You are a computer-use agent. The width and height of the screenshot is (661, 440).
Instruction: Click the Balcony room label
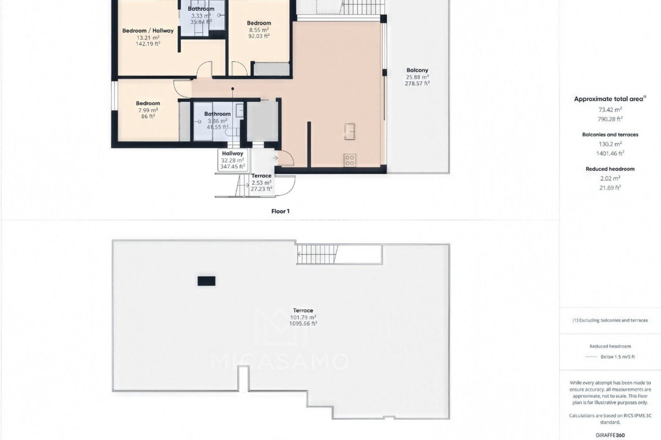click(417, 70)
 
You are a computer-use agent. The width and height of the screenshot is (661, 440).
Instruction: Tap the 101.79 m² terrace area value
click(303, 317)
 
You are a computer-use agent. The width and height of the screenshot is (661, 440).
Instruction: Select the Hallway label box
click(233, 160)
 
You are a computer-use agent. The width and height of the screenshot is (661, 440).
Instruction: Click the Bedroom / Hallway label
click(148, 31)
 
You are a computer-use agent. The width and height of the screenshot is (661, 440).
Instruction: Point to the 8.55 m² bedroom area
click(259, 30)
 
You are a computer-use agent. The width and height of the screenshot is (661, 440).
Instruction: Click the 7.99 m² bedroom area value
click(148, 110)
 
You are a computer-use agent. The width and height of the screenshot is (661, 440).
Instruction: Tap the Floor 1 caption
click(280, 211)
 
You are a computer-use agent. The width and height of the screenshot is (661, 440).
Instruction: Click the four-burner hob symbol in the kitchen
click(349, 161)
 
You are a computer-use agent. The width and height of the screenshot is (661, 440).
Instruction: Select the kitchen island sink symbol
click(349, 132)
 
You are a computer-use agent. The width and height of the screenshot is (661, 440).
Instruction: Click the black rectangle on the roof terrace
click(207, 281)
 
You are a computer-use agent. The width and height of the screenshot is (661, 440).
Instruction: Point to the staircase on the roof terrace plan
click(317, 255)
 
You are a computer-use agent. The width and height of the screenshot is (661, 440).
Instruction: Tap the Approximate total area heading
click(610, 99)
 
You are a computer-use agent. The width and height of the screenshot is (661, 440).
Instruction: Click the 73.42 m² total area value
click(610, 110)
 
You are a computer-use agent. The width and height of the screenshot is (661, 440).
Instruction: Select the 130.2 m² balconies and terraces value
click(610, 144)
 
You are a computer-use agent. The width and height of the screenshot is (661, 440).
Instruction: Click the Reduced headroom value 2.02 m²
click(610, 178)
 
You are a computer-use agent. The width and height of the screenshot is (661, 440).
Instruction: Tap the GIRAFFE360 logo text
click(610, 435)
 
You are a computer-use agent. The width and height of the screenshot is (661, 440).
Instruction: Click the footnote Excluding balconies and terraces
click(610, 320)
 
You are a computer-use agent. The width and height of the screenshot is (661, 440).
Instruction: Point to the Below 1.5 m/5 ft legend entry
click(617, 357)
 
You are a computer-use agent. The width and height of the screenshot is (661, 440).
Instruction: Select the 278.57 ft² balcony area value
click(417, 84)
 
